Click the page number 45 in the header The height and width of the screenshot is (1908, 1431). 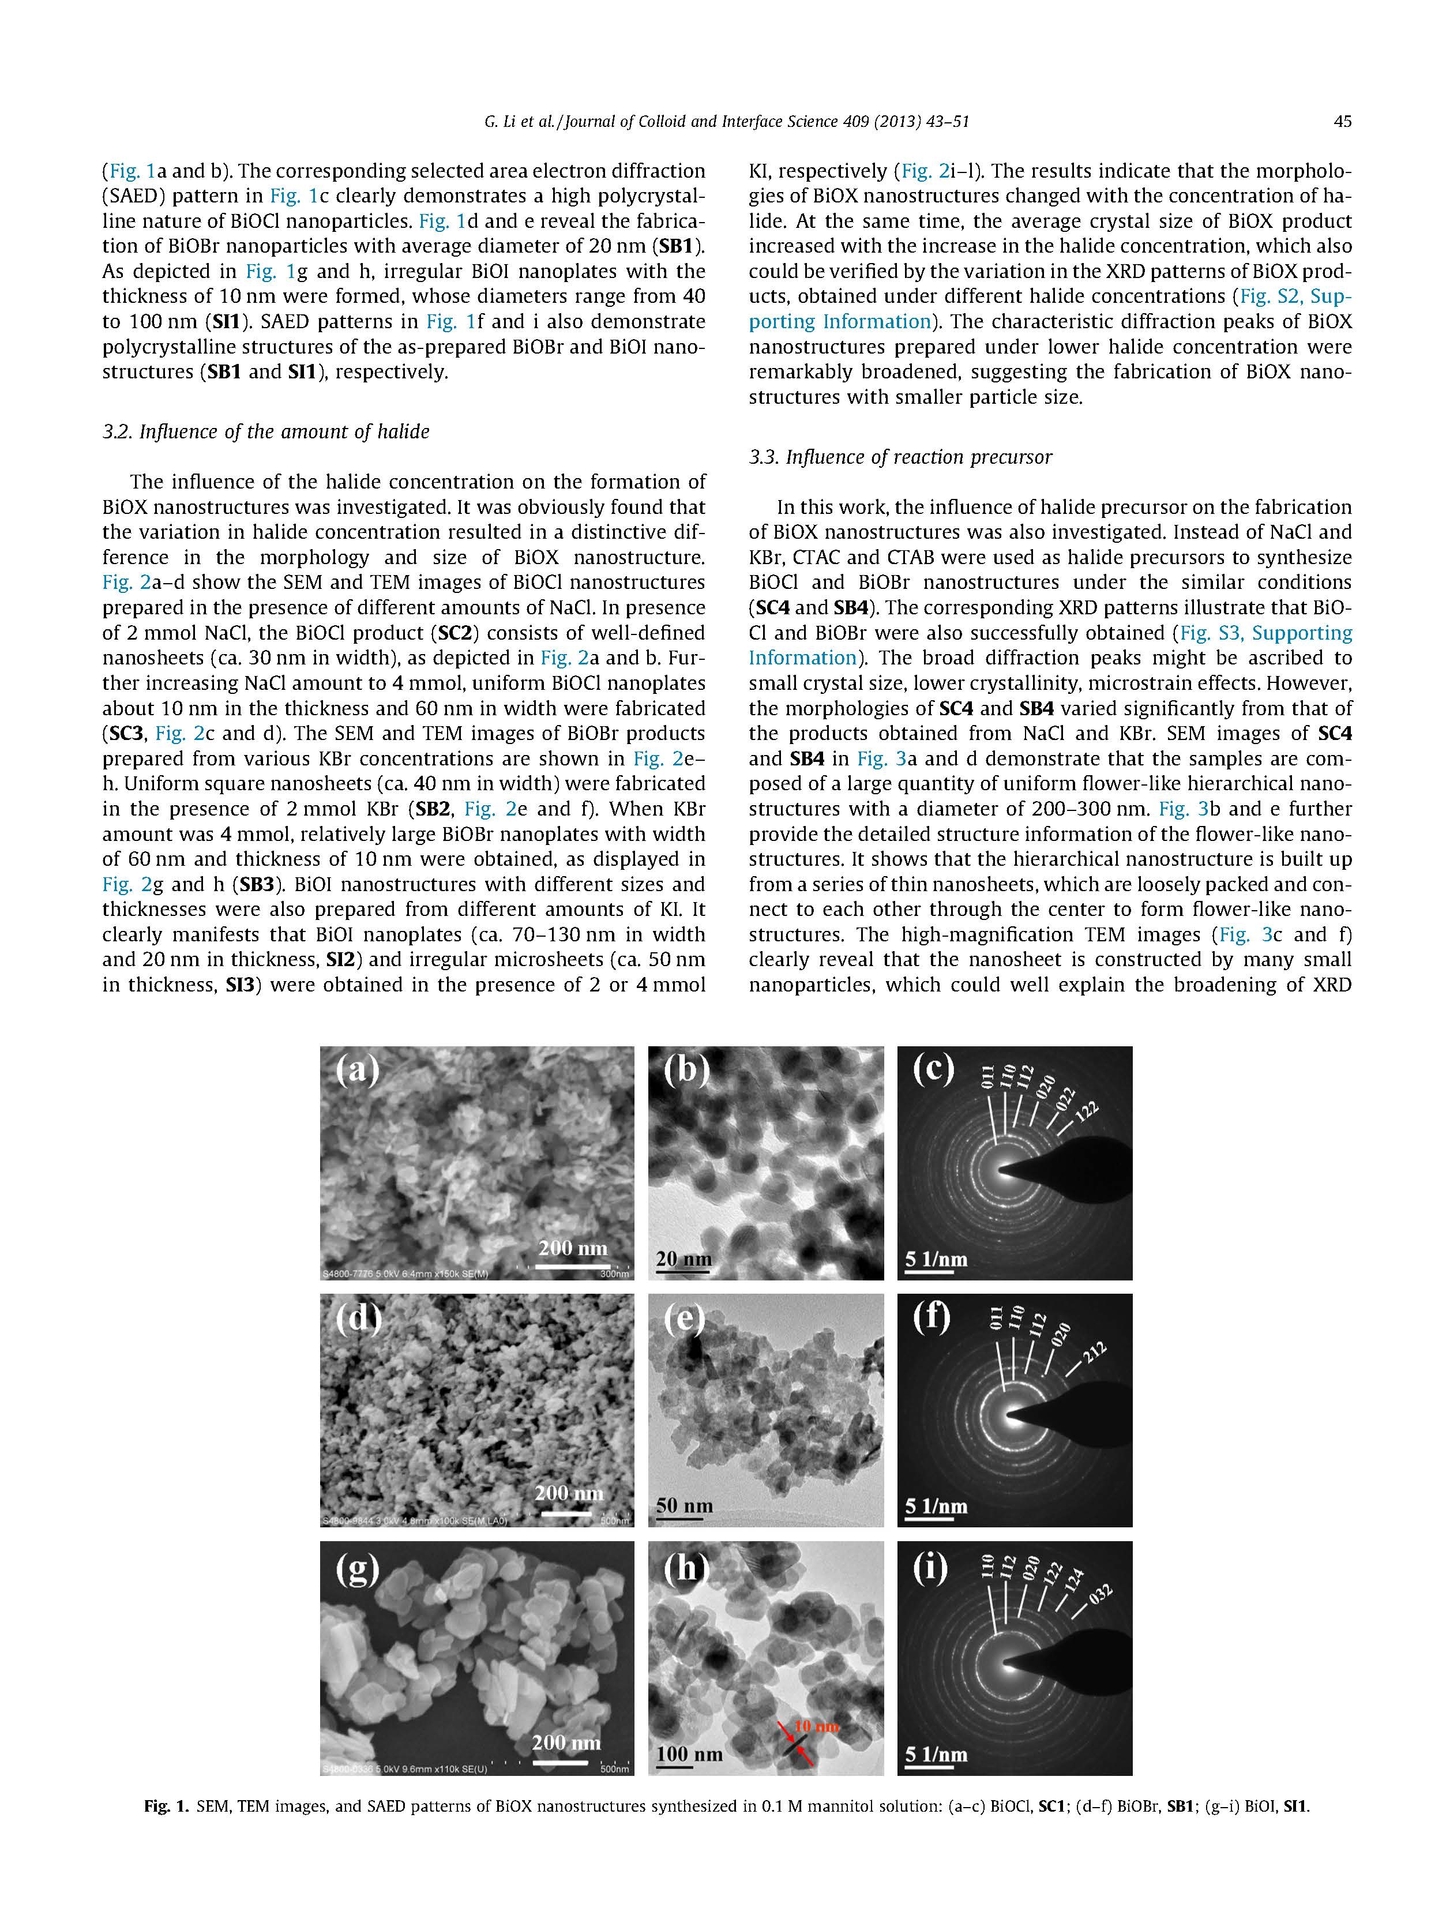(x=1342, y=122)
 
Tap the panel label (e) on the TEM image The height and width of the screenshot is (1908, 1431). (x=684, y=1318)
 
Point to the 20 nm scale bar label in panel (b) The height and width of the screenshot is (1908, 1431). (x=683, y=1259)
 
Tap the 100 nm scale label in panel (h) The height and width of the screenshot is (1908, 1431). (x=689, y=1753)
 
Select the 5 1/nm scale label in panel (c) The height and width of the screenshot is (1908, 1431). (x=936, y=1259)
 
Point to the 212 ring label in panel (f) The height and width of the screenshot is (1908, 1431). (x=1094, y=1353)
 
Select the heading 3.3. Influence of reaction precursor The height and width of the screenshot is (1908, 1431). (x=900, y=456)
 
